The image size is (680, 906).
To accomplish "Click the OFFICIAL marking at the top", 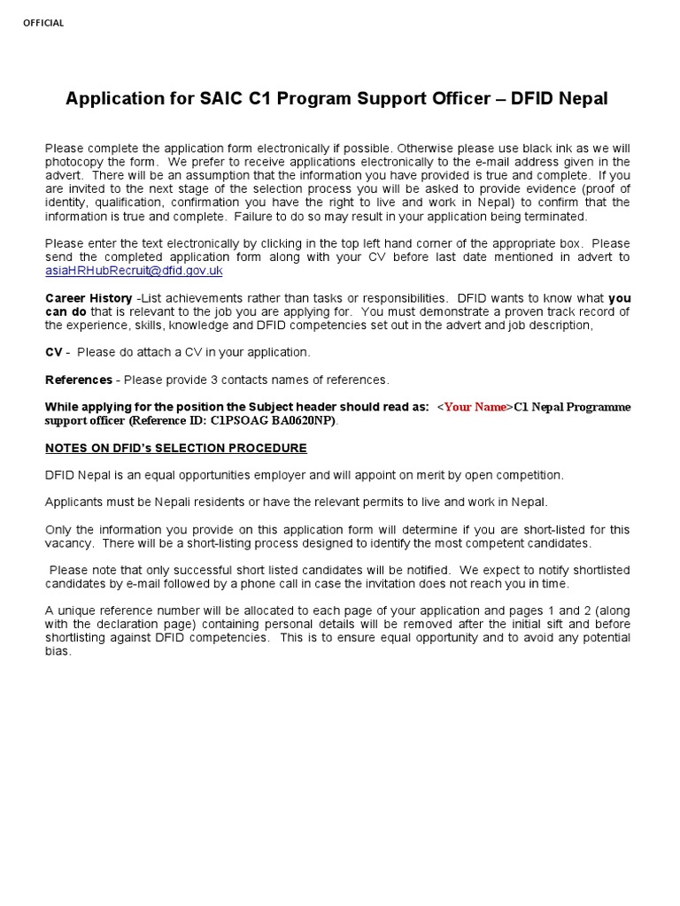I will [x=43, y=23].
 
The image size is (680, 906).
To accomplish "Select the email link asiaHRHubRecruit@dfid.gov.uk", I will [x=134, y=271].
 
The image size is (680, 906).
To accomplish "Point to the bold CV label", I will [x=54, y=352].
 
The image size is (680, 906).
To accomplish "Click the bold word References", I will [x=79, y=380].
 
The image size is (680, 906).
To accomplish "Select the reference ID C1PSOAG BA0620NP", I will [x=279, y=420].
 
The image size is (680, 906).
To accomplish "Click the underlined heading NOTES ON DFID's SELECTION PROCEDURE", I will [x=176, y=448].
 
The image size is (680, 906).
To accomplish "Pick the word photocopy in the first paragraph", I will [x=73, y=162].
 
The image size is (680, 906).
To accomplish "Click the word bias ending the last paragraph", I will [x=58, y=651].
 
